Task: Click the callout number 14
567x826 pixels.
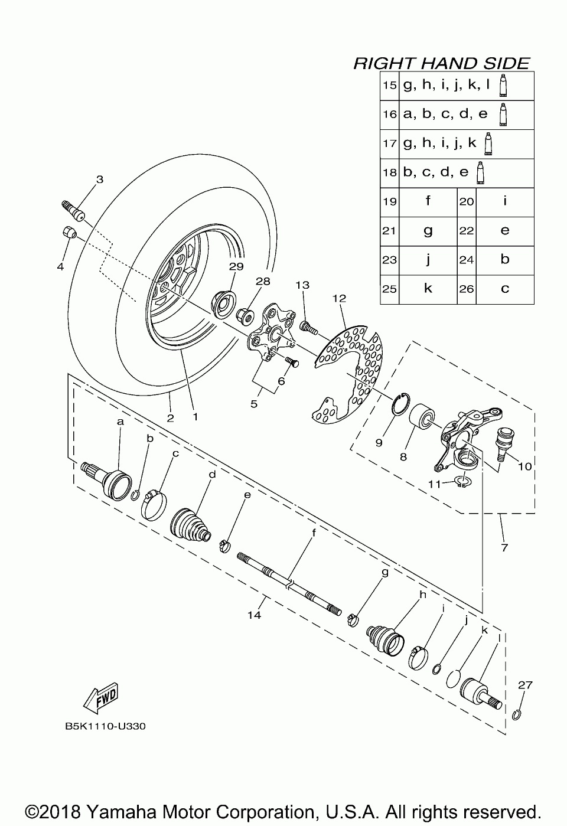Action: [254, 615]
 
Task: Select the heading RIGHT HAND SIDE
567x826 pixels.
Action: [441, 63]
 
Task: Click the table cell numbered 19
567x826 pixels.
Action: [389, 202]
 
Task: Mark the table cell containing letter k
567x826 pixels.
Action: [428, 289]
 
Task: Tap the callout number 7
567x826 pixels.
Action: [504, 547]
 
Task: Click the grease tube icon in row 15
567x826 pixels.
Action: [503, 86]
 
